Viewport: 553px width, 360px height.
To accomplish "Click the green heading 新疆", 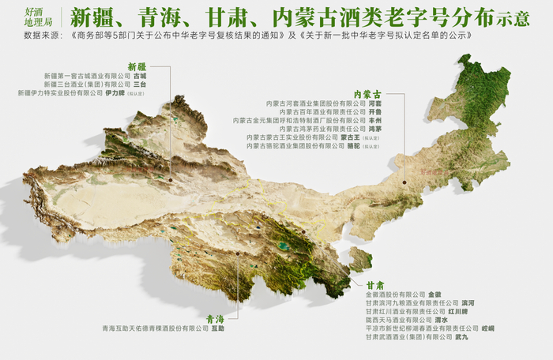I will tap(137, 67).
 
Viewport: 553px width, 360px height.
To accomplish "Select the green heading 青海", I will tap(216, 319).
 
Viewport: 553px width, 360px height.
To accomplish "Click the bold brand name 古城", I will tap(140, 77).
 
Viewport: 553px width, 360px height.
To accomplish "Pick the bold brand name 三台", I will tap(140, 84).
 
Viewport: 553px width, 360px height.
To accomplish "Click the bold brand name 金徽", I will tap(434, 294).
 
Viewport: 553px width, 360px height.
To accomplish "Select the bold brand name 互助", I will tap(218, 328).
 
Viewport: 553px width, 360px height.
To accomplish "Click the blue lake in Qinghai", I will tap(282, 246).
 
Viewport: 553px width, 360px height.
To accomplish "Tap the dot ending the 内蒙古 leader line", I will tap(404, 182).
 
